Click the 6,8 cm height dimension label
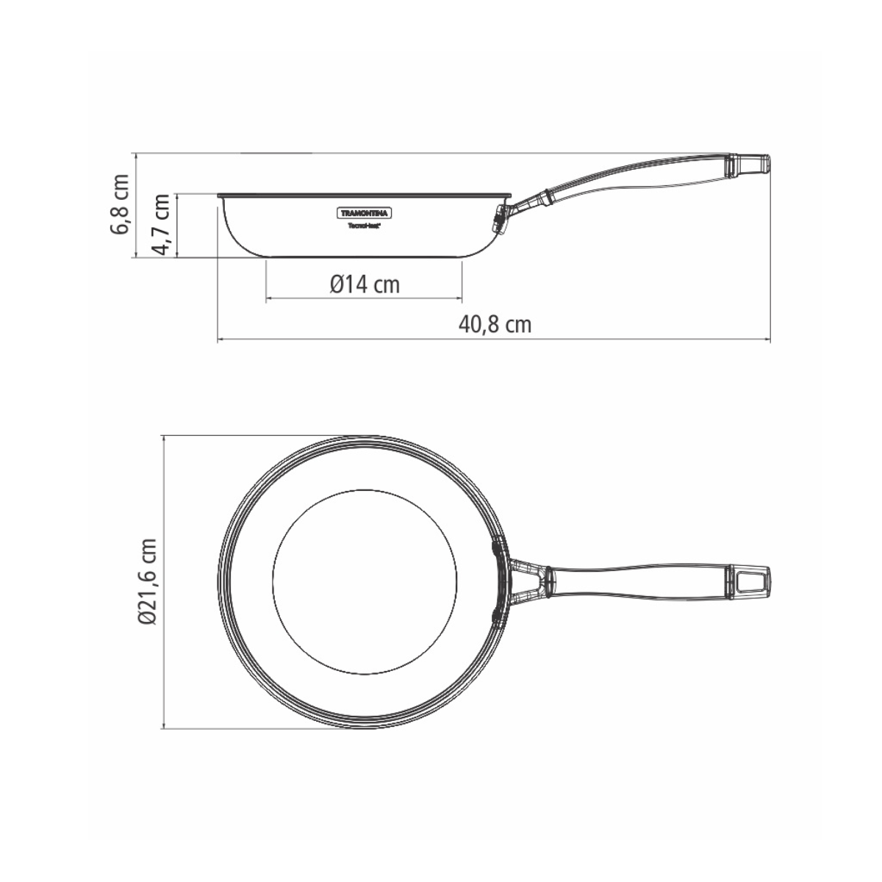pos(121,204)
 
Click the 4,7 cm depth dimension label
pos(162,224)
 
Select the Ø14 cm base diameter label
pos(365,284)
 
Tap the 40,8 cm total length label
pos(495,324)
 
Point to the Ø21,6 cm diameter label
pos(148,581)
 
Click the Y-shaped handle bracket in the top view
pos(528,581)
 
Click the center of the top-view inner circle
pos(365,581)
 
